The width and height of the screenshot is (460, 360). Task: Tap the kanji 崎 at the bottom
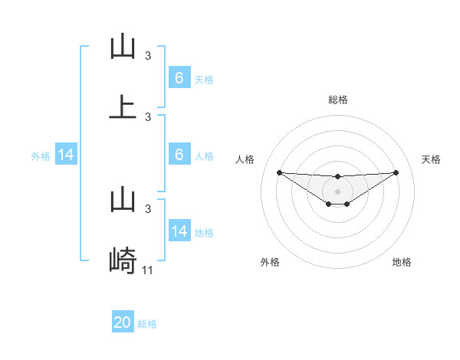click(x=123, y=261)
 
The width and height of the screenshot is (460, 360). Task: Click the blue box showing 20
click(x=123, y=322)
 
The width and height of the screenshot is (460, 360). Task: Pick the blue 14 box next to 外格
click(x=66, y=155)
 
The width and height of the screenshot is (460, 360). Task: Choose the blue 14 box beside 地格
click(x=179, y=231)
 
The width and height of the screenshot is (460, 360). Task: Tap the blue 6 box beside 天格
click(x=179, y=78)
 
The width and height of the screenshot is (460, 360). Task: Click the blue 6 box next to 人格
click(x=179, y=155)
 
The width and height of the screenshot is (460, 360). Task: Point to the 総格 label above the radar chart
click(x=338, y=100)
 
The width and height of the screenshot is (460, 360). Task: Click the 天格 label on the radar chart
click(x=432, y=159)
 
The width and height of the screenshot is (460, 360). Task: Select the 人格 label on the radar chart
click(x=245, y=159)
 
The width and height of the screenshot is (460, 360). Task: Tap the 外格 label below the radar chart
click(x=270, y=262)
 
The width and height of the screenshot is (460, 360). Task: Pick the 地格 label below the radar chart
click(x=402, y=262)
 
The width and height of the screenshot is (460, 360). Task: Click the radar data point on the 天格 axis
click(x=396, y=172)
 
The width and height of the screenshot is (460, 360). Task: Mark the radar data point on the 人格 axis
click(x=279, y=172)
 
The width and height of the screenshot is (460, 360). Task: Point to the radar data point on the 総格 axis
click(x=338, y=177)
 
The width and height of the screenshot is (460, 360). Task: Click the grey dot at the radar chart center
click(x=338, y=191)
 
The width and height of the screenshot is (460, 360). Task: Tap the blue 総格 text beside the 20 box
click(x=147, y=324)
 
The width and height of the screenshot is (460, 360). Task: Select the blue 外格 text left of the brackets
click(x=41, y=156)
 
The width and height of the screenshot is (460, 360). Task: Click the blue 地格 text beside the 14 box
click(x=204, y=232)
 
